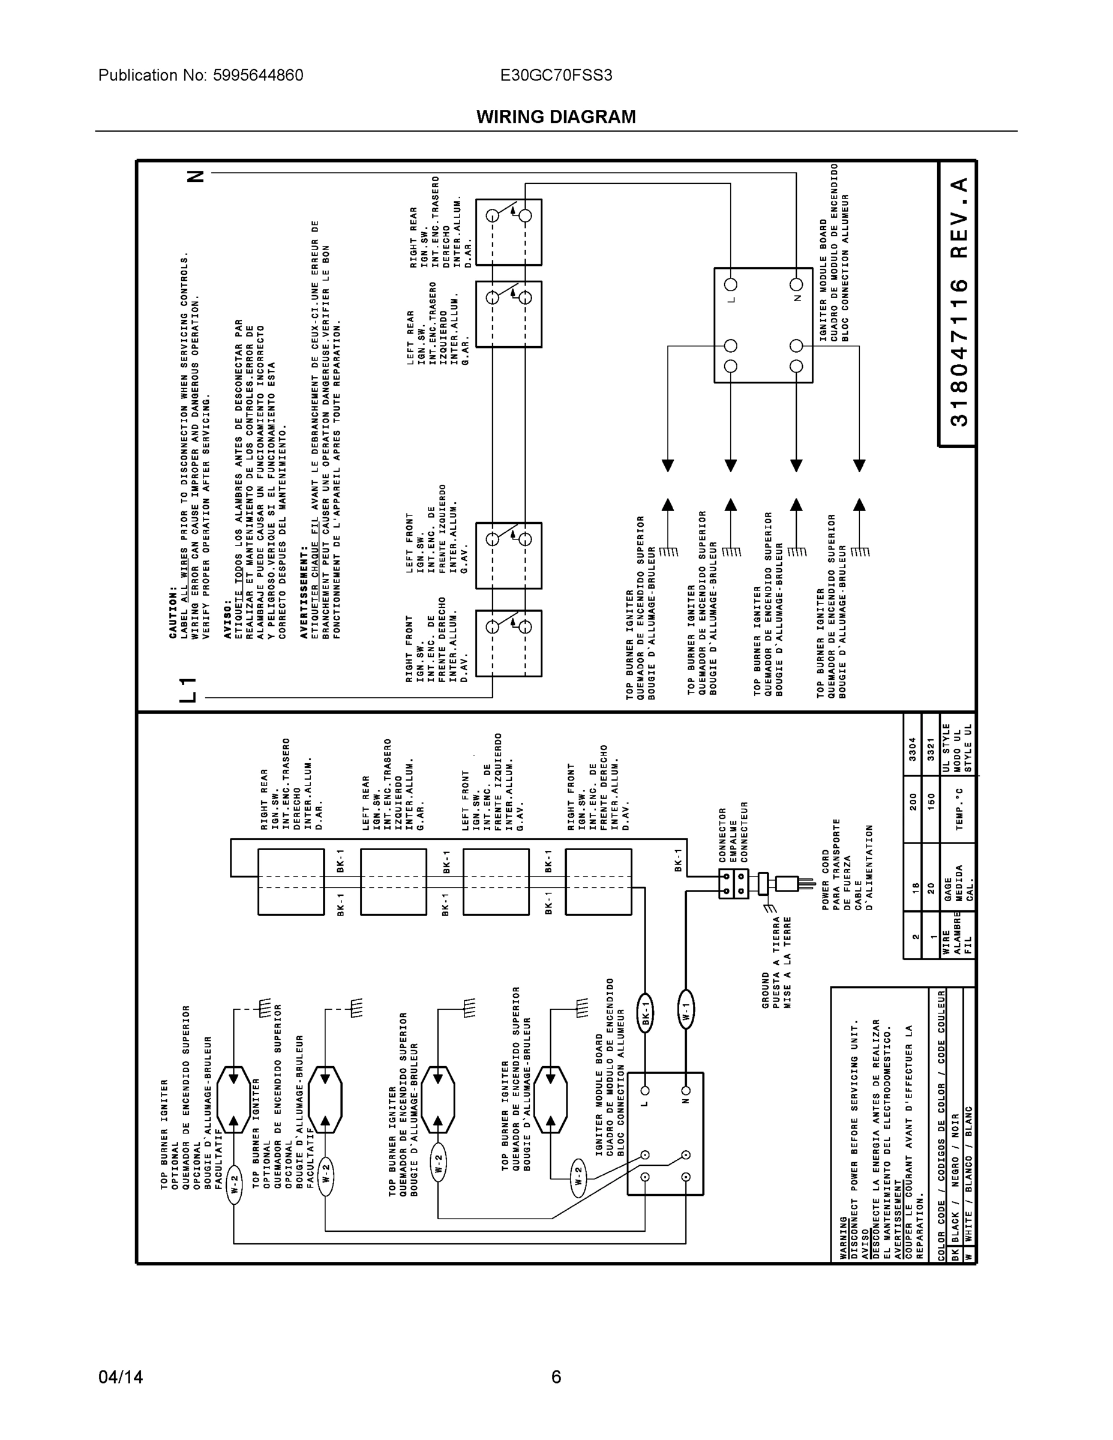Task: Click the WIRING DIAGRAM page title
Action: click(556, 117)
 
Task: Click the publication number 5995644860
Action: click(258, 75)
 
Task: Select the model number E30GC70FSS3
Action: click(556, 75)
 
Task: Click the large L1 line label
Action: click(188, 689)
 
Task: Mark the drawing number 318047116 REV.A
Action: click(959, 302)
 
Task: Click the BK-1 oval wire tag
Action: click(646, 1012)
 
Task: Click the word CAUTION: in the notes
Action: click(173, 612)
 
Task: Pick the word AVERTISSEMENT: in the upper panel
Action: click(304, 592)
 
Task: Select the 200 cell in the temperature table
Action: click(913, 802)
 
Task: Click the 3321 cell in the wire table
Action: click(931, 749)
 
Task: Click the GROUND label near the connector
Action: click(766, 989)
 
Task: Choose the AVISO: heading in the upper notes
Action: click(227, 618)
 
